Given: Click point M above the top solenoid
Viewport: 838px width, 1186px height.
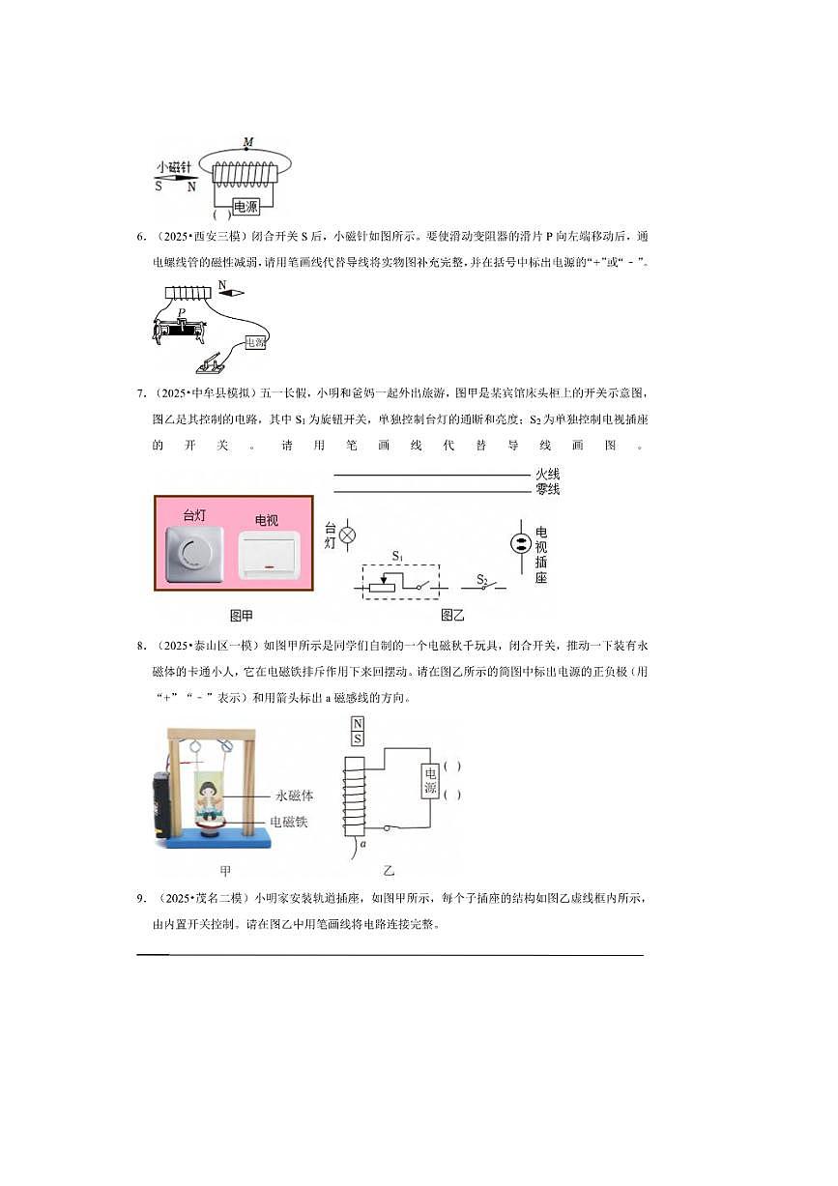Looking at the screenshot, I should click(248, 143).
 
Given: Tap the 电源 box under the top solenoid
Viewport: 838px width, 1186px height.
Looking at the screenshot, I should click(246, 206).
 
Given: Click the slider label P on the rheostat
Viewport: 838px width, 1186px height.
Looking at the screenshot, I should click(182, 312).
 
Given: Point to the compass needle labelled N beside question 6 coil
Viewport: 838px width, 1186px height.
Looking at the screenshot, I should click(231, 291).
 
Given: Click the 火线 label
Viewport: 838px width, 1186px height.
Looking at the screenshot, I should click(547, 475).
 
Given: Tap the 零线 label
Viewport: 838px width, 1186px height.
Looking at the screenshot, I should click(547, 490).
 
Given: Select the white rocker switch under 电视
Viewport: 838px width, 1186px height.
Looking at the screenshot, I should click(269, 555).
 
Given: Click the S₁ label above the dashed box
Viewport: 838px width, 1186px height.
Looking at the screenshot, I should click(397, 556).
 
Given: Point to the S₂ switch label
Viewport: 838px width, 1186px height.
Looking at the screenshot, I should click(483, 579).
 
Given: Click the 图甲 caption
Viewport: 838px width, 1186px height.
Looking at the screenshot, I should click(242, 615).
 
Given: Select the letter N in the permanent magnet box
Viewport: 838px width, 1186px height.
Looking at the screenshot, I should click(358, 724).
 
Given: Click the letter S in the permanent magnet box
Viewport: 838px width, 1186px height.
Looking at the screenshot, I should click(358, 739).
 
